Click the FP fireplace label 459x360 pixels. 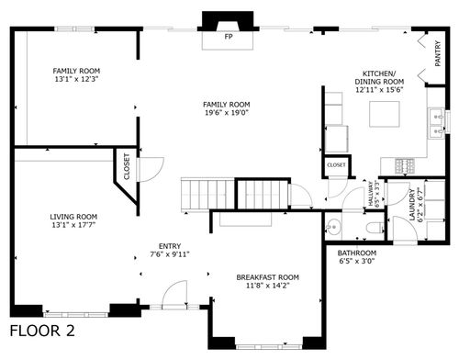click(x=229, y=39)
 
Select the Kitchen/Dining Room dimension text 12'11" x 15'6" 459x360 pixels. click(x=378, y=90)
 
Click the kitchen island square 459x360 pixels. click(x=384, y=113)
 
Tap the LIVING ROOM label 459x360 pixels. click(x=74, y=217)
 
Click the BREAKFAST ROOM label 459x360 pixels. click(x=268, y=276)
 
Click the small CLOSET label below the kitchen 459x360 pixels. click(x=336, y=165)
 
